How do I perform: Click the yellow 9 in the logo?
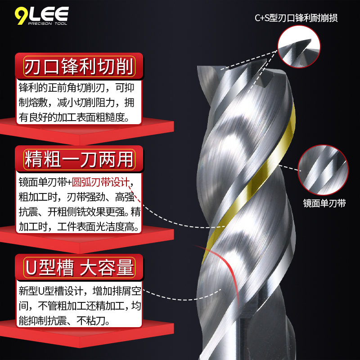point(21,16)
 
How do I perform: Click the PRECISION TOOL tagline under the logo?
point(47,23)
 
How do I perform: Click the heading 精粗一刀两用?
point(79,159)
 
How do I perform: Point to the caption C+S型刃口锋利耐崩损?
point(296,18)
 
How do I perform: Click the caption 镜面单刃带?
point(324,203)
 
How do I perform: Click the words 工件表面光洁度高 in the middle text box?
point(96,227)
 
